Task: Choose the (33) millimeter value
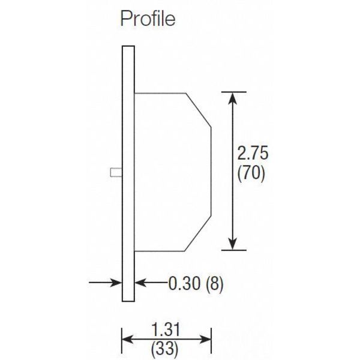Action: coord(167,347)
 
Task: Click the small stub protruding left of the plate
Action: coord(116,172)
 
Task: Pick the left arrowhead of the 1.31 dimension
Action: coord(128,338)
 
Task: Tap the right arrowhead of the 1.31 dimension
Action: coord(206,338)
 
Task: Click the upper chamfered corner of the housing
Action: coord(199,110)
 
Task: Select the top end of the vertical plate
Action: coord(127,48)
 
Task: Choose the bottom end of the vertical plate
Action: coord(127,299)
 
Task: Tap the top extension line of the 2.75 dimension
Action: coord(234,92)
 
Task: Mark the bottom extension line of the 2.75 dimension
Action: coord(234,250)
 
